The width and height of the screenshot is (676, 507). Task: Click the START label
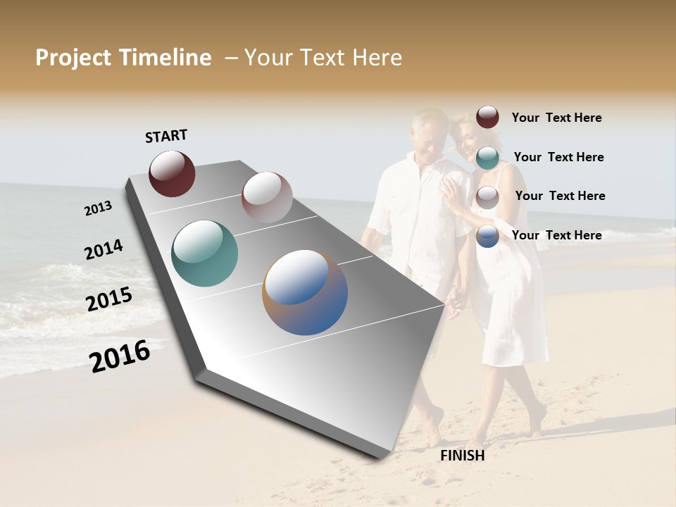click(166, 136)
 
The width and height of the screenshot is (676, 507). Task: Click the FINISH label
click(462, 456)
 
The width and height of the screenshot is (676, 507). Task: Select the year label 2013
click(99, 208)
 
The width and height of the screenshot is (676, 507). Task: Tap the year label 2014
click(104, 249)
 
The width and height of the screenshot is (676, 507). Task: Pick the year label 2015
click(109, 299)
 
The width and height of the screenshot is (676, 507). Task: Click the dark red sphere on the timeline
click(172, 173)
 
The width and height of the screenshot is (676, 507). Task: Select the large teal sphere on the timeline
click(204, 254)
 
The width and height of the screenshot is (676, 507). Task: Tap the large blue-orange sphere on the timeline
click(305, 292)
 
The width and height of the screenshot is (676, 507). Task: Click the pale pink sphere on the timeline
click(267, 197)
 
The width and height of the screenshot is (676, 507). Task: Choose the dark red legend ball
click(487, 118)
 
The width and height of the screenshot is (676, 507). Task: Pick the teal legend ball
click(487, 157)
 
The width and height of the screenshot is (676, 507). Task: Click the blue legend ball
click(487, 235)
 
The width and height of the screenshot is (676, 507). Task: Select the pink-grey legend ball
click(487, 196)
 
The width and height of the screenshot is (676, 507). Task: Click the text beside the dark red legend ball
click(556, 118)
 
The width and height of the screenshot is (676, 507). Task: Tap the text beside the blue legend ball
click(556, 235)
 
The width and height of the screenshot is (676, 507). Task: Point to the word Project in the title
click(73, 58)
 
